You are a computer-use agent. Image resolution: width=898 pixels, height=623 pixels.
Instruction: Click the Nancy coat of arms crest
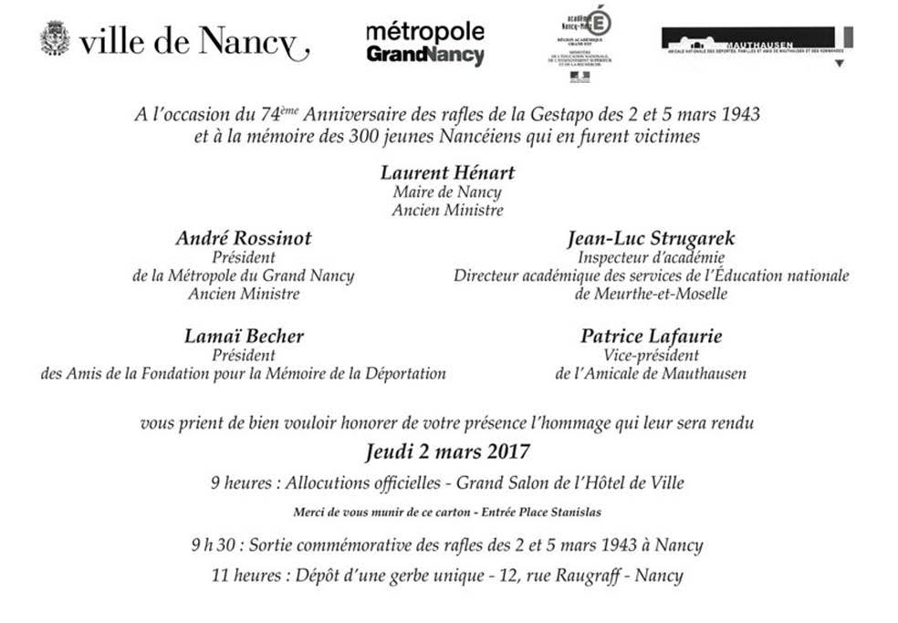tap(55, 38)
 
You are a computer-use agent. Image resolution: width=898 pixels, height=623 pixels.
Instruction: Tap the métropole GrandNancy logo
tap(424, 44)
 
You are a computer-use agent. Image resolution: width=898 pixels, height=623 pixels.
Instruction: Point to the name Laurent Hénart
tap(447, 173)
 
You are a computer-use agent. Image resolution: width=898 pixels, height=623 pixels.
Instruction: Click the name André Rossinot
tap(244, 239)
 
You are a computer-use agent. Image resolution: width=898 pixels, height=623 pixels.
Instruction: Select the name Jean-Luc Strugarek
tap(651, 239)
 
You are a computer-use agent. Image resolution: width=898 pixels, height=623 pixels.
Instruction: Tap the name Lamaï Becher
tap(244, 337)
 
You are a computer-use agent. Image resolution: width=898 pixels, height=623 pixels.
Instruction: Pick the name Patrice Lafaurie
tap(651, 337)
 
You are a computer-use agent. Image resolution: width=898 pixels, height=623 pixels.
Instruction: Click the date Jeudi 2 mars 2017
tap(447, 451)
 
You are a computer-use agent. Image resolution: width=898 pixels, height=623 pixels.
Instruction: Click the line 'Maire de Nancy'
tap(447, 192)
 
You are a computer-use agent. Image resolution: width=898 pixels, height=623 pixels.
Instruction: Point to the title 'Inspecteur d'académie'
tap(651, 258)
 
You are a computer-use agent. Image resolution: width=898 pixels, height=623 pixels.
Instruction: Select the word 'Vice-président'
tap(651, 355)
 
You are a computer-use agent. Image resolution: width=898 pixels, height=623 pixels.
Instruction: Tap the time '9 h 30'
tap(211, 545)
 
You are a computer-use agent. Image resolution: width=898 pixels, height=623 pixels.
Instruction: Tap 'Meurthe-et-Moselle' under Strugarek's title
tap(651, 295)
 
